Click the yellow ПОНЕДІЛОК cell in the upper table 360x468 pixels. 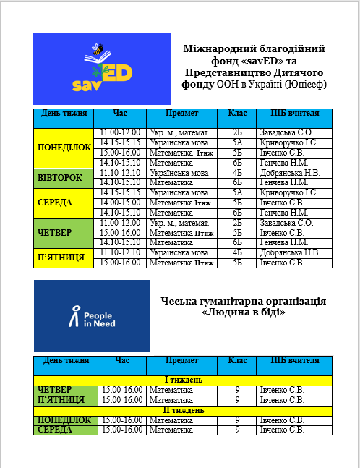pyautogui.click(x=64, y=148)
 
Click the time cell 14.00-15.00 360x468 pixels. pyautogui.click(x=121, y=203)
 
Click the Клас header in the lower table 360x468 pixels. pyautogui.click(x=237, y=360)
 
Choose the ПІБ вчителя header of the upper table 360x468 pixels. pyautogui.click(x=294, y=114)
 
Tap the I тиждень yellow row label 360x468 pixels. pyautogui.click(x=184, y=380)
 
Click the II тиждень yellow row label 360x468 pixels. pyautogui.click(x=184, y=410)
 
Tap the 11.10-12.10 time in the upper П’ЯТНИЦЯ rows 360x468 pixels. pyautogui.click(x=121, y=253)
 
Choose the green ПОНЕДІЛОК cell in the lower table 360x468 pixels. pyautogui.click(x=64, y=420)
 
